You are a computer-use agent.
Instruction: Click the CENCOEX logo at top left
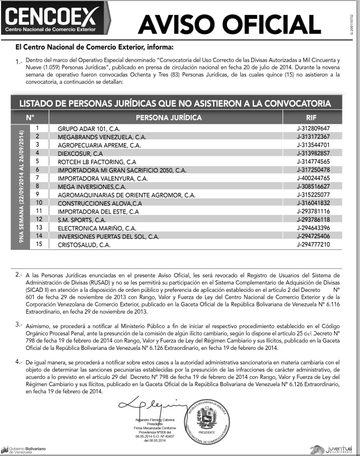pyautogui.click(x=50, y=19)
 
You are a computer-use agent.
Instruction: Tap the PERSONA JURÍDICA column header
pyautogui.click(x=168, y=117)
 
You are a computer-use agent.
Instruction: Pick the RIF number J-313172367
pyautogui.click(x=313, y=137)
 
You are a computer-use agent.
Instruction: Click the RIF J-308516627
pyautogui.click(x=313, y=186)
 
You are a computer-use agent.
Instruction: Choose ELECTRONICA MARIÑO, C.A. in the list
pyautogui.click(x=97, y=228)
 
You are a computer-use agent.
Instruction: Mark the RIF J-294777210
pyautogui.click(x=313, y=244)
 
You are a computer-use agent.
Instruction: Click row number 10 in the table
pyautogui.click(x=38, y=202)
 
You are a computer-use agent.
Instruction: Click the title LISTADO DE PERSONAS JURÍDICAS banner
pyautogui.click(x=175, y=103)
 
